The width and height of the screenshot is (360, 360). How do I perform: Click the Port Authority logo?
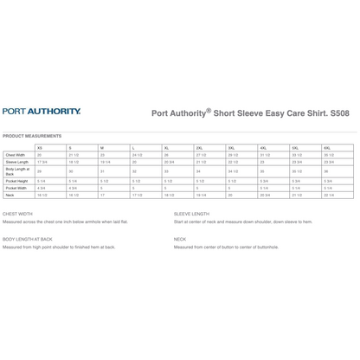point(42,112)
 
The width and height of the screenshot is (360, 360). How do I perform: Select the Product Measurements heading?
point(32,136)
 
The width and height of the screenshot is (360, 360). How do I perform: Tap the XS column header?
point(39,148)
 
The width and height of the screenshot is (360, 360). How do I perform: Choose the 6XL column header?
point(327,148)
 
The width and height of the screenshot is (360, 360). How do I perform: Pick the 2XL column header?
point(199,148)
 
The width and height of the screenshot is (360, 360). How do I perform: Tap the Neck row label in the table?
point(10,195)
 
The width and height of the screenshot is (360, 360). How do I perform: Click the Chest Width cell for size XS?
point(39,154)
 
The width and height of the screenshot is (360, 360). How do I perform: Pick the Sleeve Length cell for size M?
point(104,161)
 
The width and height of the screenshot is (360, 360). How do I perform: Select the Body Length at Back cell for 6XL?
point(327,170)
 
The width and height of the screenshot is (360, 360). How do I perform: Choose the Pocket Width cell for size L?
point(134,188)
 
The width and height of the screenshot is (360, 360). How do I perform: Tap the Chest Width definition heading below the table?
point(18,213)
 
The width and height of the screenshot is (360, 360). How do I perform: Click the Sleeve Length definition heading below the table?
point(191,213)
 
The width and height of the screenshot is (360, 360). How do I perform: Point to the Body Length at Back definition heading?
point(28,238)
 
